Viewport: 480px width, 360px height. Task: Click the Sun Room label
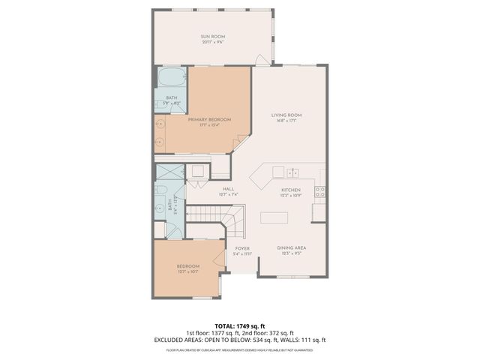tap(213, 36)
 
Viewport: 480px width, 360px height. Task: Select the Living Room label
tap(290, 115)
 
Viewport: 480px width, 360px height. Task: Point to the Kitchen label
tap(291, 190)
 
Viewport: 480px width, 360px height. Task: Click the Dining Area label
tap(291, 247)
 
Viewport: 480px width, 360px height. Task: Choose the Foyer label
tap(242, 248)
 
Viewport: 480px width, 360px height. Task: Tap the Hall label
tap(229, 189)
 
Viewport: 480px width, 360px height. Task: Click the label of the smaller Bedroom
tap(188, 266)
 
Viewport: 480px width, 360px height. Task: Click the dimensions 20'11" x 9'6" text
tap(213, 42)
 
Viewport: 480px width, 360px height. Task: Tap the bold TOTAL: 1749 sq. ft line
tap(240, 326)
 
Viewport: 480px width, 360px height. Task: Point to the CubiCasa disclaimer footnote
tap(240, 349)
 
